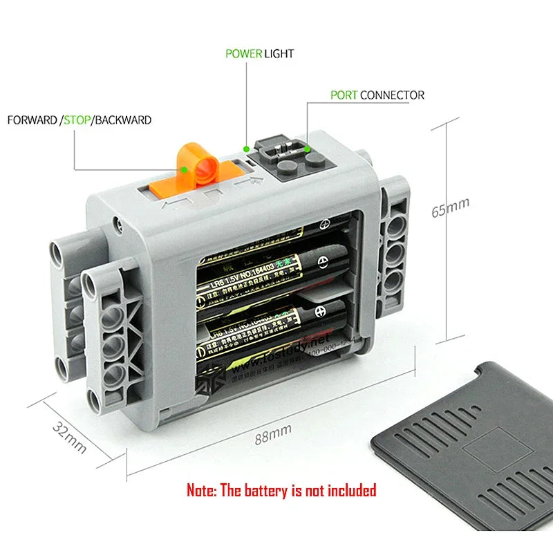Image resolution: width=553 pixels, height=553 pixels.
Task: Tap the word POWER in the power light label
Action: pos(243,53)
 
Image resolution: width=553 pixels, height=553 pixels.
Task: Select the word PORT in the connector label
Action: pos(344,95)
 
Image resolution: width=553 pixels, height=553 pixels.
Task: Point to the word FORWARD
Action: pos(32,120)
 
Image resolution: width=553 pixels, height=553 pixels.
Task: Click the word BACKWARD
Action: pos(123,120)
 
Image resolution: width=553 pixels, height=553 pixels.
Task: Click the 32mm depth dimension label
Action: pos(70,437)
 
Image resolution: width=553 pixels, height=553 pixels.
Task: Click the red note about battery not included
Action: pos(281,491)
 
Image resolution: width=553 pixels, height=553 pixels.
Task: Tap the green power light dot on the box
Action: pos(247,147)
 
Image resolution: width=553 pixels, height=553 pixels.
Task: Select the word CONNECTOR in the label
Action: pos(392,95)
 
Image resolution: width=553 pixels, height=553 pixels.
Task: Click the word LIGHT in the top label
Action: pos(279,53)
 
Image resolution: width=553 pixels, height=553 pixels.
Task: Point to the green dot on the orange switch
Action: pos(185,167)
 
